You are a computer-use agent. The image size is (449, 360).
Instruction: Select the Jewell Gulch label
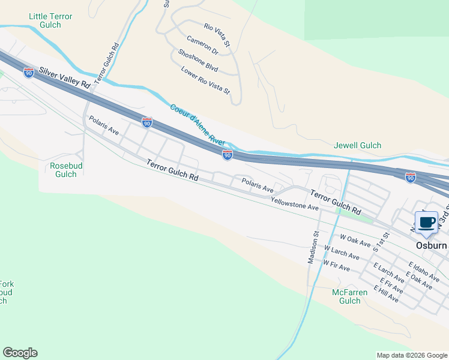357,146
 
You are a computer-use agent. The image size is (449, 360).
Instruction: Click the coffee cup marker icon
426,223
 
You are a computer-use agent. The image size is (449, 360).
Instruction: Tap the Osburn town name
432,246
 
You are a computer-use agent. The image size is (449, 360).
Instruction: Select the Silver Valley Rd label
64,78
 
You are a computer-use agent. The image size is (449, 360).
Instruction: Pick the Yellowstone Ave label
294,203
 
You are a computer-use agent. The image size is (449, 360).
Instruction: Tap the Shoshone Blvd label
197,59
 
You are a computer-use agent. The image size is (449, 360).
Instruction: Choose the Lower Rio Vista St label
205,80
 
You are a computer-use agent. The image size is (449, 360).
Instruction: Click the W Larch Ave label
342,252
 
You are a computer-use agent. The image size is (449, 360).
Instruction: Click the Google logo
20,353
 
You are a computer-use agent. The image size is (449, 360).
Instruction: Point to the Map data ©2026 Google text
412,355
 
